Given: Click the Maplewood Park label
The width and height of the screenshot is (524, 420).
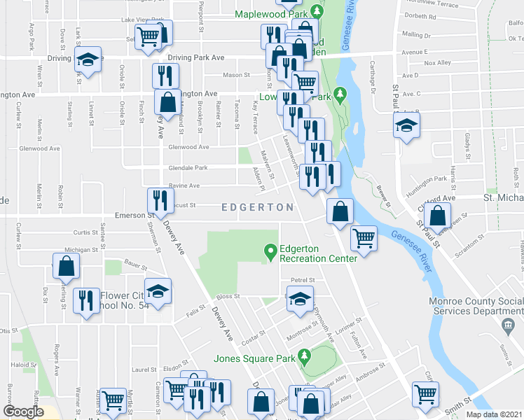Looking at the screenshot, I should point(272,13).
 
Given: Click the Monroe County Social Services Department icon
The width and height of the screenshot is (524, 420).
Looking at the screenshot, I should point(508,325).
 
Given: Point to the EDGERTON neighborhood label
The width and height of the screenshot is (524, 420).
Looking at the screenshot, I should point(257,208).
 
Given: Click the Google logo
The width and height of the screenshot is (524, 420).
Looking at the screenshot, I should point(23,412).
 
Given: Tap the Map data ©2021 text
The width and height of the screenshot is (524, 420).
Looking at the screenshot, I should point(494,414).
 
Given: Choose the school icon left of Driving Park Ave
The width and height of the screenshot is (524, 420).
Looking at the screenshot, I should point(88,60).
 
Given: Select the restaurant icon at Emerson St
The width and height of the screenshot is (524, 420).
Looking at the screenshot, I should point(160,201).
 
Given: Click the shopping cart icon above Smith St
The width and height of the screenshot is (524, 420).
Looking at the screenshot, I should point(426,395).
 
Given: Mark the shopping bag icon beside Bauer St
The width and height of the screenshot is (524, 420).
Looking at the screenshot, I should point(66,267).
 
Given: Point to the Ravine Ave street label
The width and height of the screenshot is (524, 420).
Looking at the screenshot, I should point(184,185).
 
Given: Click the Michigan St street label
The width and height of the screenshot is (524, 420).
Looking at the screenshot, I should point(78,249).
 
